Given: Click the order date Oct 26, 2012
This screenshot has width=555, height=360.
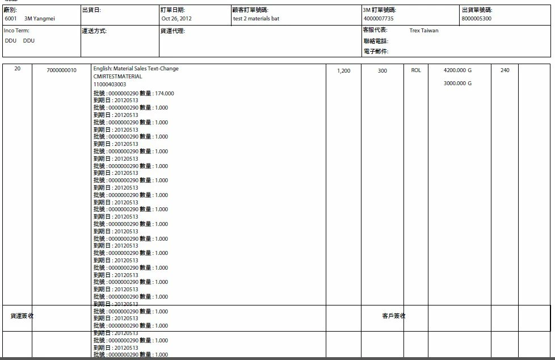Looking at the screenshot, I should [176, 19].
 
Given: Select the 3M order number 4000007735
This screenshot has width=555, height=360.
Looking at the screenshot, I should [379, 19].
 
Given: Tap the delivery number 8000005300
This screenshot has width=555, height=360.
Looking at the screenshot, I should [477, 19].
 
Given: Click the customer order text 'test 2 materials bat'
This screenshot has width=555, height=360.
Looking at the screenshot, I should [256, 19].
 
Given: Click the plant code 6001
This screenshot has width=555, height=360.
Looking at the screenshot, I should [11, 19].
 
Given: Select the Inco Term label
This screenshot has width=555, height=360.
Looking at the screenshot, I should [16, 31].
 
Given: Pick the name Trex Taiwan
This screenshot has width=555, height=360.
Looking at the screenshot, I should [424, 31].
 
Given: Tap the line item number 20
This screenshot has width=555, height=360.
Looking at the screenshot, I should [18, 69].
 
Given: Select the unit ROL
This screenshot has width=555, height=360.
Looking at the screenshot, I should [416, 70].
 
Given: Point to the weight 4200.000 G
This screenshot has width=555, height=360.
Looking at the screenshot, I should [457, 70].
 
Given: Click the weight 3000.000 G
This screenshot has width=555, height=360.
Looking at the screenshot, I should [457, 83].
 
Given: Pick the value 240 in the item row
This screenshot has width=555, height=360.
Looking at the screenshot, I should [505, 70].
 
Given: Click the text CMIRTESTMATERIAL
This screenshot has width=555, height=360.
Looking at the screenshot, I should [118, 77].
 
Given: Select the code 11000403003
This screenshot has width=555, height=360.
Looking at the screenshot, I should [110, 85].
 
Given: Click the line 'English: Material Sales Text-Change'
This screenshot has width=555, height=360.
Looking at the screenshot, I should [136, 69].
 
